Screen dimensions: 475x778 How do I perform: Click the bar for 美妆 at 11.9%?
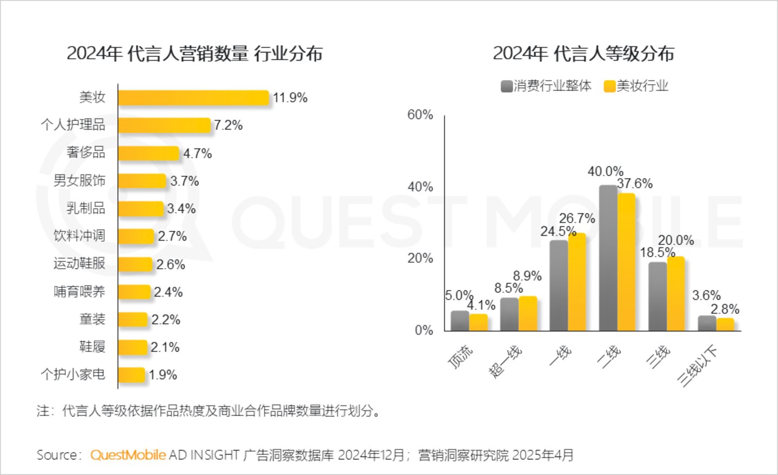coord(193,98)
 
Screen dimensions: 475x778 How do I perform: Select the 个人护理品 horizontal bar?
coord(164,125)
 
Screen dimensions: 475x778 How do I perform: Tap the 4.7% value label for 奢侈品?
coord(197,153)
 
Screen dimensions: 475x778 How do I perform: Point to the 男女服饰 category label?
coord(79,180)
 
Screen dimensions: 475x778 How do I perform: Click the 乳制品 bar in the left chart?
coord(140,209)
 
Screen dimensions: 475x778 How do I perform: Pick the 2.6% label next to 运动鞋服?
coord(171,264)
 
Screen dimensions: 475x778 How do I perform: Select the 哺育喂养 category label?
coord(79,292)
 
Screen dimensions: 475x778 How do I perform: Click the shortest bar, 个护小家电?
coord(131,375)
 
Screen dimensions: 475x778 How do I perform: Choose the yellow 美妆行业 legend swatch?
coord(609,86)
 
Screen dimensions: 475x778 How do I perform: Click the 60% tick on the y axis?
coord(420,115)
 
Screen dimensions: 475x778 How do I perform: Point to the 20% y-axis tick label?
coord(420,258)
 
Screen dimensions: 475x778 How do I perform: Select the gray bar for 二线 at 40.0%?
coord(608,258)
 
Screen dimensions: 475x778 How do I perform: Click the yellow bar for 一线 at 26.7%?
coord(576,282)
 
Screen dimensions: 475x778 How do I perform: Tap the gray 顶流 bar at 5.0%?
coord(460,320)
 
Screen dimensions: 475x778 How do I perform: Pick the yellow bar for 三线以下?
coord(725,324)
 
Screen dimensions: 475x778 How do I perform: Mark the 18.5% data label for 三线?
coord(657,252)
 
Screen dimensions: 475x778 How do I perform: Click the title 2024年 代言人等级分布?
coord(583,53)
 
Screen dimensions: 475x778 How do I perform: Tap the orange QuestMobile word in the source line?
coord(128,455)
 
